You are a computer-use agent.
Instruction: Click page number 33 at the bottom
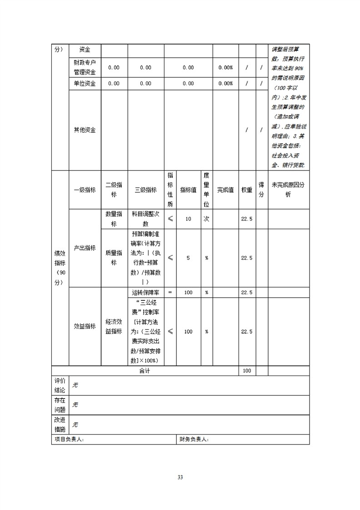click(180, 477)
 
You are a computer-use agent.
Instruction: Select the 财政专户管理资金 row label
click(85, 67)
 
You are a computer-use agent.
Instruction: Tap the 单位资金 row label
click(85, 84)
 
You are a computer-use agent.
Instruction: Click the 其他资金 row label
click(85, 130)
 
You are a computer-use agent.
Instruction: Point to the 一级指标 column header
click(85, 190)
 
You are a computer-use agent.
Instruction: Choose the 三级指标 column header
click(145, 190)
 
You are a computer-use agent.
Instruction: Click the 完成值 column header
click(225, 190)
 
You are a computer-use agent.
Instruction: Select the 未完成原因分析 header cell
click(289, 190)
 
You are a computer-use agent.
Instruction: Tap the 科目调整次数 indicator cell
click(145, 219)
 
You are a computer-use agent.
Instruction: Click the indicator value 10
click(188, 219)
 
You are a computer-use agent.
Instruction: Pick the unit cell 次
click(206, 219)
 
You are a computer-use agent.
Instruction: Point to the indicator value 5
click(188, 258)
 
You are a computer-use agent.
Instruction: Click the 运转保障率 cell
click(145, 292)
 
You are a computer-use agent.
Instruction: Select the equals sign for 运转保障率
click(170, 292)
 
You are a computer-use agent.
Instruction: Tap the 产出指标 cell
click(85, 248)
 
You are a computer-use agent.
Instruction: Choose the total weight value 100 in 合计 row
click(247, 371)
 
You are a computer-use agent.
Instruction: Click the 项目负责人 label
click(69, 440)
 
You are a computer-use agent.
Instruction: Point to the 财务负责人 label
click(194, 440)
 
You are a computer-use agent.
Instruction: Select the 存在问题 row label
click(60, 405)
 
